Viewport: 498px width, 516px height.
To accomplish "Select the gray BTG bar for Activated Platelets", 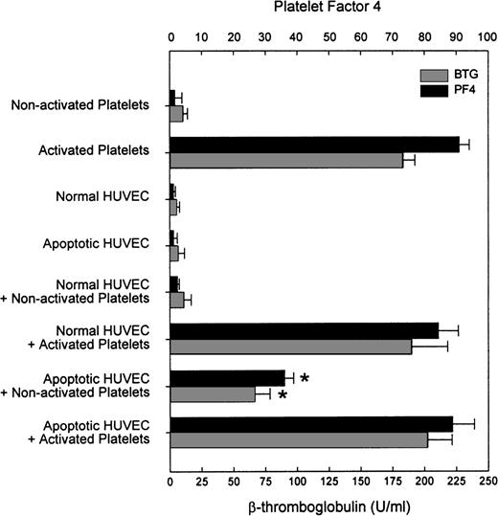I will click(x=286, y=159).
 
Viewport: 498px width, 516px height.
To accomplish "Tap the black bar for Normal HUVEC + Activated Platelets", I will click(x=304, y=330).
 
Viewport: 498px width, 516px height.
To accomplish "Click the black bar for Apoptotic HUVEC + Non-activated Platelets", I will click(x=227, y=377).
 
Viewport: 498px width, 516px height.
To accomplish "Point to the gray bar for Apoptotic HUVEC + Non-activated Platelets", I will click(x=213, y=393).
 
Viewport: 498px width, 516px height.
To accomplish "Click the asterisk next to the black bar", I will click(x=305, y=379).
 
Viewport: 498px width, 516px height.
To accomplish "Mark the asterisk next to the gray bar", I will click(x=283, y=394).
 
